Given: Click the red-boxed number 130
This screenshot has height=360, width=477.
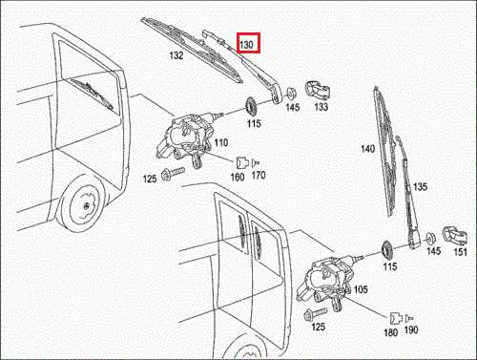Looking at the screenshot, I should click(248, 44).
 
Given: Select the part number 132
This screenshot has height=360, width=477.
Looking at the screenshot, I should click(176, 56).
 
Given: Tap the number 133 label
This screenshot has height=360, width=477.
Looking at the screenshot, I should click(321, 108).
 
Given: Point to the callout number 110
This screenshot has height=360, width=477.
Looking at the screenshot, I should click(221, 142).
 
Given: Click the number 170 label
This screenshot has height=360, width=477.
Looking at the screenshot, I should click(259, 176).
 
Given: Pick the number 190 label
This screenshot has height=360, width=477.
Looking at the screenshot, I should click(413, 331).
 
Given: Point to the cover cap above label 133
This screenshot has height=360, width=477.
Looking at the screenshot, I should click(316, 91).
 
